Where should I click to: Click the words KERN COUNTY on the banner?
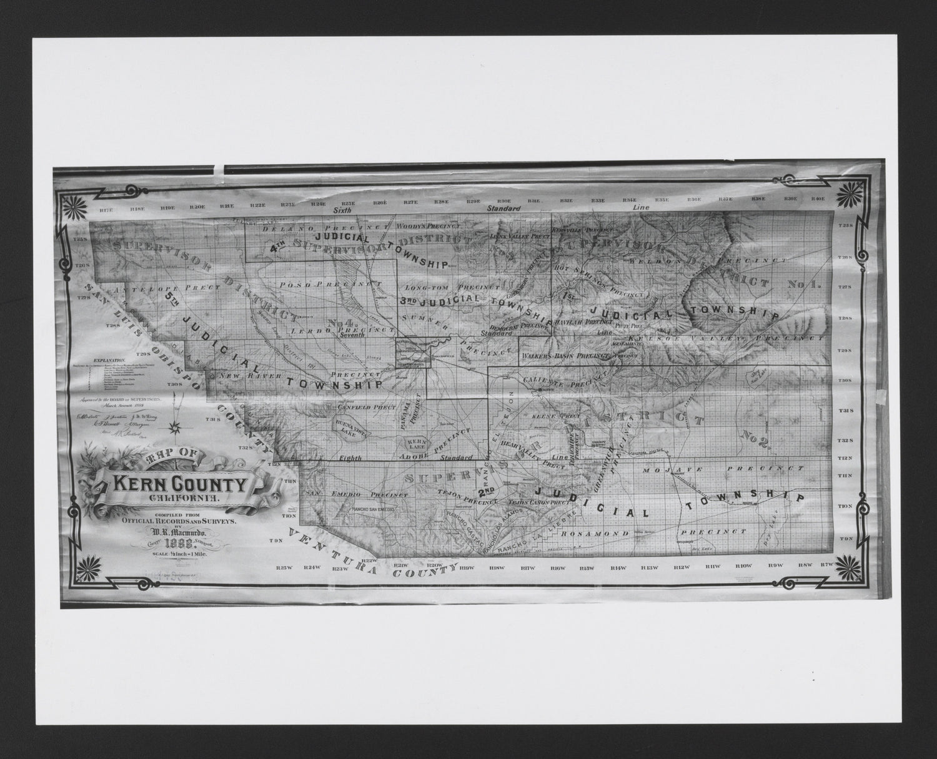pyautogui.click(x=180, y=485)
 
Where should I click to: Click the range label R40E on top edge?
pyautogui.click(x=818, y=198)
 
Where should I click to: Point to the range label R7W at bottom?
pyautogui.click(x=827, y=564)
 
